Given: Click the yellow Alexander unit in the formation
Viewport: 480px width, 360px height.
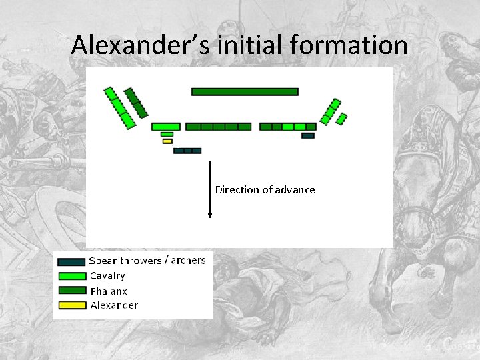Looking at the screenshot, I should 167,141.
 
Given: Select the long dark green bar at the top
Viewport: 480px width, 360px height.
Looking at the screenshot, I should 245,91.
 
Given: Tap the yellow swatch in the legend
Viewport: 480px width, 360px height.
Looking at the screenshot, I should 72,306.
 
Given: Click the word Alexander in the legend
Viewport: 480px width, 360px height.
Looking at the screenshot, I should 114,305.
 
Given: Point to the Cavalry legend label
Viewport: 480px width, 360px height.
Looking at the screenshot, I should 107,276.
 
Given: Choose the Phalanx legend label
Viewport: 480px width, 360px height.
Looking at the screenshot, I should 109,291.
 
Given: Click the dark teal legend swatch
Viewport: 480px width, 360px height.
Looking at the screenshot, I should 72,262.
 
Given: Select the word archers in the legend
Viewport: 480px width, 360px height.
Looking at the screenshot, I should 188,260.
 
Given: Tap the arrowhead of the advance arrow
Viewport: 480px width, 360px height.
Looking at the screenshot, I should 210,215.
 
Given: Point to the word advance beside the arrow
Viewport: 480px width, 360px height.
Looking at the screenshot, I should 294,190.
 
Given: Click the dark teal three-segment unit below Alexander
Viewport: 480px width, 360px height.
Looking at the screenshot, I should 187,151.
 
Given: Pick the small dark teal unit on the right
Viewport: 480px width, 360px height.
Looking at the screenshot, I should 308,135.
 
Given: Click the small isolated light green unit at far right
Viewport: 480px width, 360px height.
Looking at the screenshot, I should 341,119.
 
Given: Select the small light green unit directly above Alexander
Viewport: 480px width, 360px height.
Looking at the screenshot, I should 167,134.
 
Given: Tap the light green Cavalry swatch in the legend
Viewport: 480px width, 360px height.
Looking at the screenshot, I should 72,276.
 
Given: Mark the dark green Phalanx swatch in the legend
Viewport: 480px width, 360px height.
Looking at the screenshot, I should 72,291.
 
